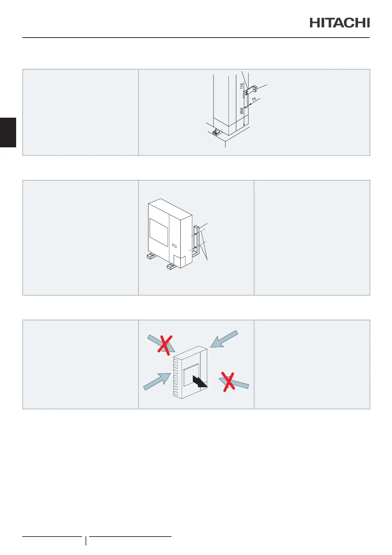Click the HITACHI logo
pos(339,23)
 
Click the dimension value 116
pos(242,86)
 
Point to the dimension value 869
pos(242,111)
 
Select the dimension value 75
pos(254,99)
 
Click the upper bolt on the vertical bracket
pos(196,234)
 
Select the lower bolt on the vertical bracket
pos(196,247)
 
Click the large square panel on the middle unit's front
pos(159,231)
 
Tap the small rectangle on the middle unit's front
pos(174,246)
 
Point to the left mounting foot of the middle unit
pos(152,256)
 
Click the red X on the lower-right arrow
pos(227,382)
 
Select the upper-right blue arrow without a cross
pos(224,339)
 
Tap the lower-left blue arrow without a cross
pos(156,382)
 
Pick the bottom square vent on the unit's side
pos(176,394)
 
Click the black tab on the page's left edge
pos(8,132)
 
